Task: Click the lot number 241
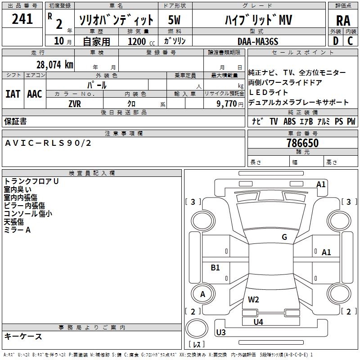pyautogui.click(x=22, y=19)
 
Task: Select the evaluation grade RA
pyautogui.click(x=343, y=21)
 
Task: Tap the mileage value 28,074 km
pyautogui.click(x=54, y=65)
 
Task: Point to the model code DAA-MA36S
pyautogui.click(x=258, y=41)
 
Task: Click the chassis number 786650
pyautogui.click(x=302, y=143)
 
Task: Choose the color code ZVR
pyautogui.click(x=75, y=104)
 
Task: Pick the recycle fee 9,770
pyautogui.click(x=226, y=104)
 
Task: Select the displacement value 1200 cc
pyautogui.click(x=141, y=41)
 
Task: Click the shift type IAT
pyautogui.click(x=13, y=94)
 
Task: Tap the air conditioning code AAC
pyautogui.click(x=35, y=94)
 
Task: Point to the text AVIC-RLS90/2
pyautogui.click(x=48, y=143)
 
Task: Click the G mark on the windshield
pyautogui.click(x=284, y=237)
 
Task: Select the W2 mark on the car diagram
pyautogui.click(x=253, y=299)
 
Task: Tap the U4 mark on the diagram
pyautogui.click(x=258, y=322)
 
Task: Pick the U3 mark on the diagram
pyautogui.click(x=221, y=332)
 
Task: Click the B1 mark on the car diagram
pyautogui.click(x=215, y=267)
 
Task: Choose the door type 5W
pyautogui.click(x=174, y=20)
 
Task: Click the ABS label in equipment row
pyautogui.click(x=289, y=121)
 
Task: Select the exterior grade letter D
pyautogui.click(x=336, y=41)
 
